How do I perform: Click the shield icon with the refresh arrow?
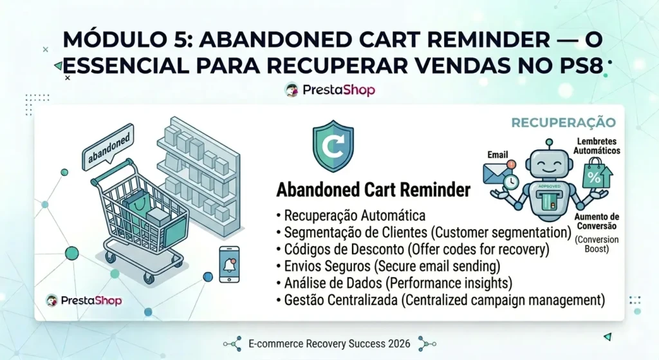tap(333, 149)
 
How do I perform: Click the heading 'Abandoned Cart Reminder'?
tap(373, 191)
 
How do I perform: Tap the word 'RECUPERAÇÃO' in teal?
tap(563, 122)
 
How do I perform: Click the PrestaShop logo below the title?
tap(329, 90)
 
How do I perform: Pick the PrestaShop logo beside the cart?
tap(84, 300)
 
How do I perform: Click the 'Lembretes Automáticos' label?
tap(597, 146)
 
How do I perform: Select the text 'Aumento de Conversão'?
tap(597, 221)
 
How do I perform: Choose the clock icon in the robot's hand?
tap(510, 183)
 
